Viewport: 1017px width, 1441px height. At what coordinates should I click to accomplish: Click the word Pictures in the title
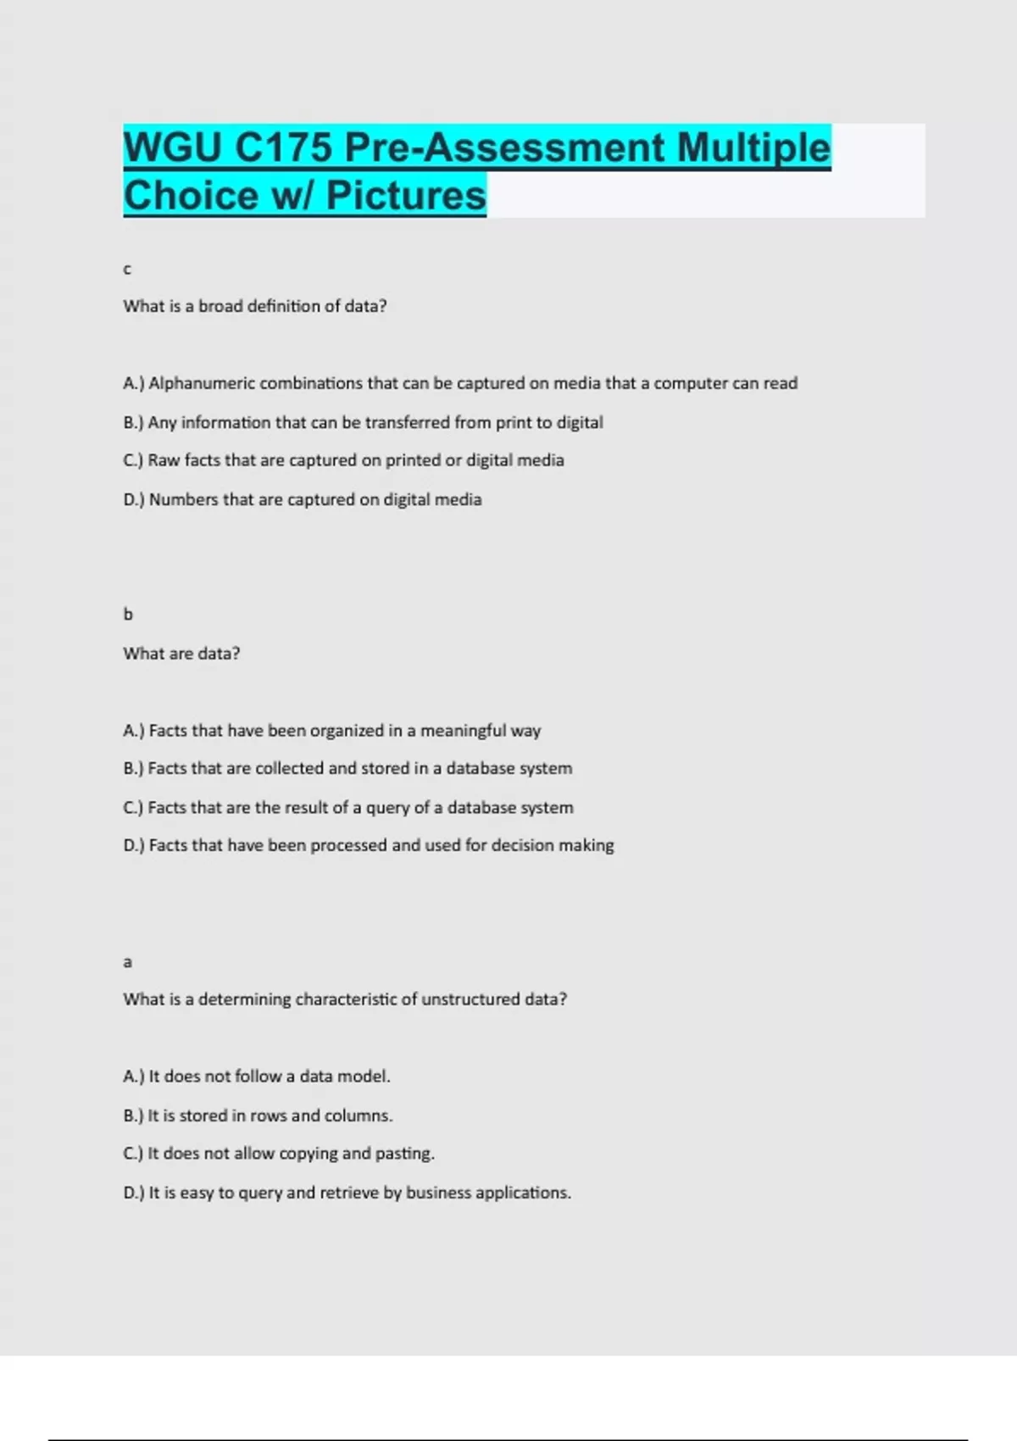coord(406,195)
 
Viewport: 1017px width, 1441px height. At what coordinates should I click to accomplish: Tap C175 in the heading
coord(283,147)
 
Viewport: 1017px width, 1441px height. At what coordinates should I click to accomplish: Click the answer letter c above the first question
coord(127,270)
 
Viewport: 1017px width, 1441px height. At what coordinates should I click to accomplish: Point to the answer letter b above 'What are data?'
coord(128,614)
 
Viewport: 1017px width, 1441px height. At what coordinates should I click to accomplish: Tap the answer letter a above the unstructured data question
coord(127,962)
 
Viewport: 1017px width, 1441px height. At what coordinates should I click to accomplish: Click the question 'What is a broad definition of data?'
coord(254,306)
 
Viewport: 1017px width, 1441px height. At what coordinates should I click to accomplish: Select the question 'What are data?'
coord(181,654)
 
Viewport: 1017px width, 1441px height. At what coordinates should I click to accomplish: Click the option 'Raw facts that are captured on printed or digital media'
coord(343,460)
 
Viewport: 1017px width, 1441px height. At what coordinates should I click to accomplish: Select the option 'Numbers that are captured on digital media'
coord(303,500)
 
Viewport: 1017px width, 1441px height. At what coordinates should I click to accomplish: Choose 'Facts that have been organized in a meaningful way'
coord(332,731)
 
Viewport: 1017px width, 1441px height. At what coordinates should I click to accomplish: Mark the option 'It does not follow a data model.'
coord(257,1077)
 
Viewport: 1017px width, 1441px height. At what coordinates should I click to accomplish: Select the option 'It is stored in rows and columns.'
coord(258,1116)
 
